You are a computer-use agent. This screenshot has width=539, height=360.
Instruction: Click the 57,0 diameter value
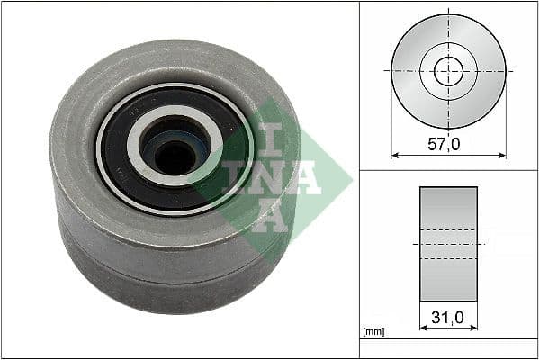pyautogui.click(x=448, y=143)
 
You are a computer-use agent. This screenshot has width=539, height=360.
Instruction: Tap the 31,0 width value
pyautogui.click(x=448, y=317)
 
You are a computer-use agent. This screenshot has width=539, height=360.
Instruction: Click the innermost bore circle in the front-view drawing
pyautogui.click(x=448, y=70)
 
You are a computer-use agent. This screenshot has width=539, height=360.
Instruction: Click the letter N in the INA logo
pyautogui.click(x=261, y=176)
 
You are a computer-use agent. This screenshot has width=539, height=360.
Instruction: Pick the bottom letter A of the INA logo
pyautogui.click(x=269, y=216)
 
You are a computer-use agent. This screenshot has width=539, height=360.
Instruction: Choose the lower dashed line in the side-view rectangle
pyautogui.click(x=448, y=259)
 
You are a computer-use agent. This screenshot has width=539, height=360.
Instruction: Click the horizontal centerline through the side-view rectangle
pyautogui.click(x=448, y=244)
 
